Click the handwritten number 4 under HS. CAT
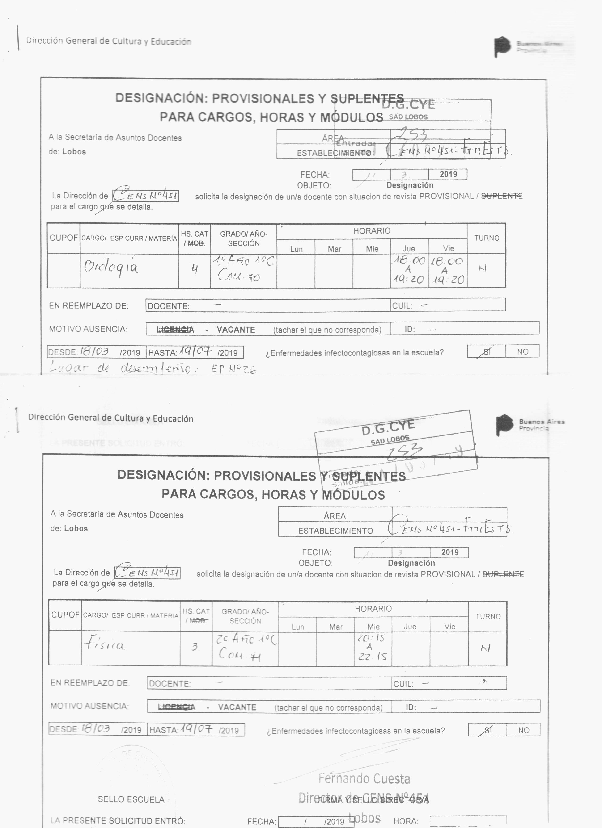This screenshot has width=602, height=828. [195, 269]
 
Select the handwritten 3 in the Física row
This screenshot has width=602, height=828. [195, 647]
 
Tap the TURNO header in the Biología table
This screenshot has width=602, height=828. [487, 238]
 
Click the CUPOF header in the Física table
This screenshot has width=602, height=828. [65, 615]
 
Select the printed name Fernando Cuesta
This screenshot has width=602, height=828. [364, 779]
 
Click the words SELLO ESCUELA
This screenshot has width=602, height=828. [131, 799]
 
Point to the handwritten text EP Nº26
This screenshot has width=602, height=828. [234, 369]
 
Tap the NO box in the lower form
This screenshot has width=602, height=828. [523, 730]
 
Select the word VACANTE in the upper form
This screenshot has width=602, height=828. [236, 330]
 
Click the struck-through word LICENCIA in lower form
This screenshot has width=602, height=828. [176, 707]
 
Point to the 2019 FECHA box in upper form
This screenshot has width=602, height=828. [448, 174]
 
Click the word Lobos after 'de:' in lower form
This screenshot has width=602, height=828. [76, 528]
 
